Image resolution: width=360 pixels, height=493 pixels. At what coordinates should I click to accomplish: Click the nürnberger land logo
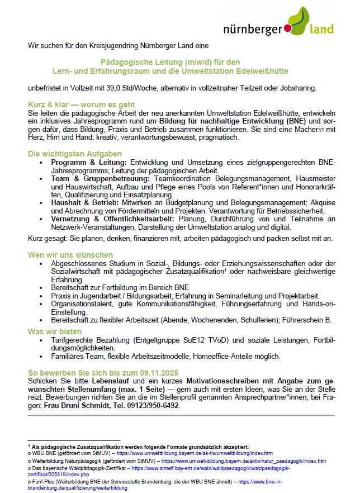pyautogui.click(x=278, y=23)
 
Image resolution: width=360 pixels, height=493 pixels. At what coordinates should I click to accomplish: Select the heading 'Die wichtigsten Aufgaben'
pyautogui.click(x=74, y=153)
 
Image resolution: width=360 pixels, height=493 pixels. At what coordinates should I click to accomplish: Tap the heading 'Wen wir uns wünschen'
pyautogui.click(x=70, y=255)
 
